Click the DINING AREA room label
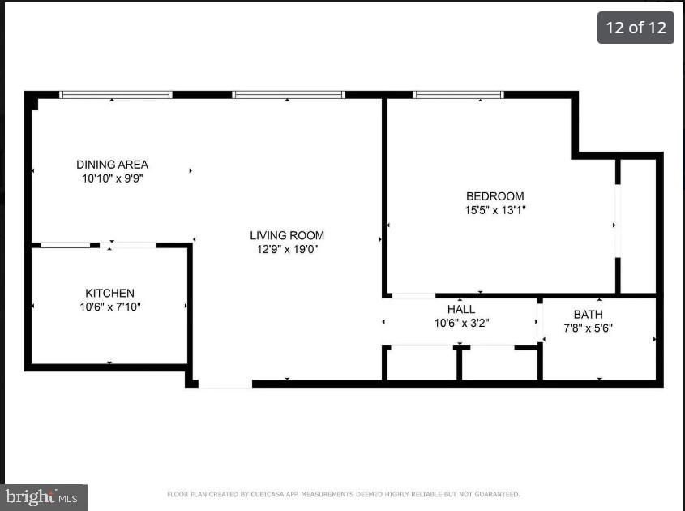pyautogui.click(x=112, y=165)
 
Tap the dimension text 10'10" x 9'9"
pyautogui.click(x=112, y=178)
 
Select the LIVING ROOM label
pyautogui.click(x=287, y=235)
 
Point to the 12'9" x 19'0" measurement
pyautogui.click(x=287, y=250)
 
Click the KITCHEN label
pyautogui.click(x=109, y=293)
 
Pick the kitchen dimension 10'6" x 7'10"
pyautogui.click(x=109, y=307)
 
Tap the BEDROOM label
pyautogui.click(x=494, y=195)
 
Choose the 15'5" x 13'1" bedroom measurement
pyautogui.click(x=494, y=210)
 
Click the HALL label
pyautogui.click(x=461, y=309)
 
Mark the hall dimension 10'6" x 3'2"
pyautogui.click(x=461, y=323)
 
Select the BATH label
pyautogui.click(x=588, y=314)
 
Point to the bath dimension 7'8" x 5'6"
pyautogui.click(x=588, y=328)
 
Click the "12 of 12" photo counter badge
pyautogui.click(x=636, y=28)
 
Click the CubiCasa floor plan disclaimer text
pyautogui.click(x=343, y=494)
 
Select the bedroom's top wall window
pyautogui.click(x=458, y=95)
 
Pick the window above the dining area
pyautogui.click(x=116, y=95)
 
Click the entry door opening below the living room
pyautogui.click(x=225, y=383)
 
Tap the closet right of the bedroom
pyautogui.click(x=637, y=225)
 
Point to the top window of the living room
pyautogui.click(x=288, y=95)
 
